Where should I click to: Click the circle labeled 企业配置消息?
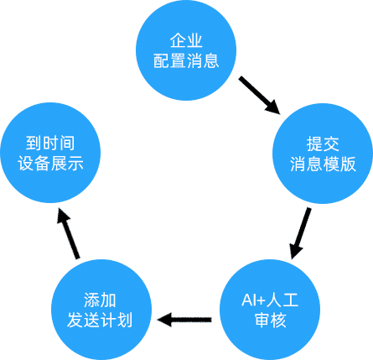[186, 50]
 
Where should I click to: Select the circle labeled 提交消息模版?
[323, 154]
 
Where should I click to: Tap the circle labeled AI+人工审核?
[270, 310]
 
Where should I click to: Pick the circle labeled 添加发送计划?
[101, 310]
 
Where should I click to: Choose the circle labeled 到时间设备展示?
[50, 153]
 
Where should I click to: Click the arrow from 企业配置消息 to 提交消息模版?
[259, 95]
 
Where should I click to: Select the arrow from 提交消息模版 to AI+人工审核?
[300, 233]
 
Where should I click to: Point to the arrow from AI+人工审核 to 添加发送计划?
[184, 320]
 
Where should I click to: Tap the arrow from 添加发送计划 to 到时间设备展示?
[68, 233]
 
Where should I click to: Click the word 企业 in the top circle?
[186, 40]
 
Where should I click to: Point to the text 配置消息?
[186, 60]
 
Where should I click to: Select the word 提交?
[323, 143]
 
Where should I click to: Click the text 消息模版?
[323, 164]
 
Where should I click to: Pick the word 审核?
[270, 320]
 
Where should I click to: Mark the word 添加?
[100, 300]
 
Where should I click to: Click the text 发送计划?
[100, 320]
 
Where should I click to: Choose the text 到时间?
[50, 143]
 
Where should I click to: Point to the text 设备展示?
[50, 163]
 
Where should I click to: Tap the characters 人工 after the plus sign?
[282, 300]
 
